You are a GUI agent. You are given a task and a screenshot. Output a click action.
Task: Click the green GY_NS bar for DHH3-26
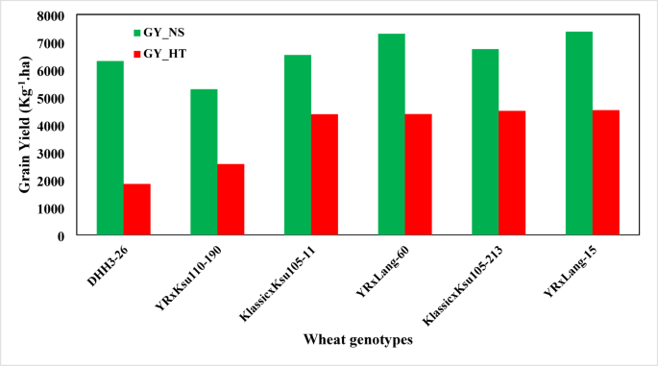[x=110, y=148]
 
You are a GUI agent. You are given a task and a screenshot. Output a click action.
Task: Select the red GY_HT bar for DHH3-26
[x=137, y=209]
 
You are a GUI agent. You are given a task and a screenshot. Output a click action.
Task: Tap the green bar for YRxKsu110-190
[x=204, y=162]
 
